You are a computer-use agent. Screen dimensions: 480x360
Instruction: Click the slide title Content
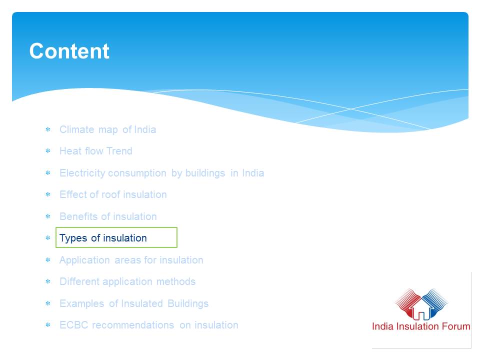tap(69, 51)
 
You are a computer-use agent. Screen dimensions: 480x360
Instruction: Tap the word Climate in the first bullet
tap(77, 129)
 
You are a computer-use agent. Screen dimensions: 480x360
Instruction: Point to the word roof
tap(111, 194)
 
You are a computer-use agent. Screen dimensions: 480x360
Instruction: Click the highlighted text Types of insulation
tap(103, 238)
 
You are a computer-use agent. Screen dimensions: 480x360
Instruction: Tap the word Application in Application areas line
tap(84, 260)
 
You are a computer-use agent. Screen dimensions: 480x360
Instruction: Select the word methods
tap(176, 281)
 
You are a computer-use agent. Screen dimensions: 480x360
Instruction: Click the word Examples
tap(81, 303)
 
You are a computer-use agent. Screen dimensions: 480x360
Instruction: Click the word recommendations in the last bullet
tap(133, 325)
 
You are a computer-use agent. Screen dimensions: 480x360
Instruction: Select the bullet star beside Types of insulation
tap(48, 238)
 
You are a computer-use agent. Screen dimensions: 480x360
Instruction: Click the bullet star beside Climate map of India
tap(48, 129)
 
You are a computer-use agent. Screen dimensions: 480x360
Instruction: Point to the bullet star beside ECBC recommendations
tap(48, 325)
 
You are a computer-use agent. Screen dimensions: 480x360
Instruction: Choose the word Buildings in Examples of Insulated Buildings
tap(188, 303)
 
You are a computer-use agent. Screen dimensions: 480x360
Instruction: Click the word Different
tap(79, 281)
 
